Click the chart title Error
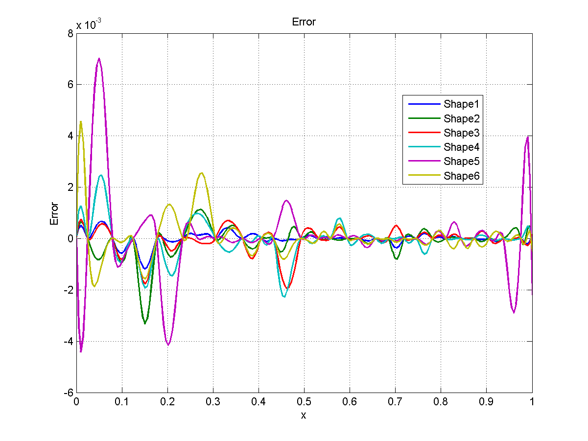click(304, 22)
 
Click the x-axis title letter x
click(304, 416)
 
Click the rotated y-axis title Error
click(55, 213)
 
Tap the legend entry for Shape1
click(461, 104)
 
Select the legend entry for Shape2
click(461, 118)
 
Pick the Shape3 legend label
click(461, 133)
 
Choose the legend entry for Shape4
click(461, 147)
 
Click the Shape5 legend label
click(461, 162)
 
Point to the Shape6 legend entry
click(461, 176)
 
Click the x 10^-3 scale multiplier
click(89, 24)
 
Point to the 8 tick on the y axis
click(71, 33)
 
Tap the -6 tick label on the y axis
click(69, 393)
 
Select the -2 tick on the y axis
click(69, 290)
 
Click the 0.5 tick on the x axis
click(304, 401)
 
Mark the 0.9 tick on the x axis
click(486, 401)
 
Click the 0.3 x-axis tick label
click(212, 401)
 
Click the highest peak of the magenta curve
click(99, 59)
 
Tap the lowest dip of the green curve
click(145, 323)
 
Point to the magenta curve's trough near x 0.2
click(168, 345)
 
